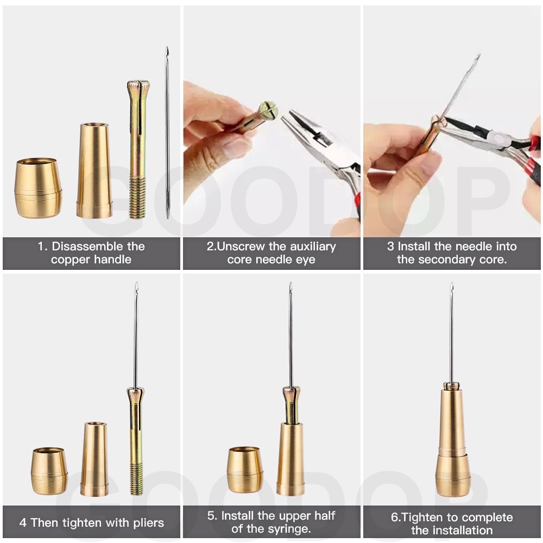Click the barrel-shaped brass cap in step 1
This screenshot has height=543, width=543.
(38, 188)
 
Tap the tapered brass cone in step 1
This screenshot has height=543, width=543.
(94, 171)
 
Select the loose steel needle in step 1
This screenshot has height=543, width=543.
(167, 132)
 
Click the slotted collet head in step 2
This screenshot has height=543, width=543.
(268, 110)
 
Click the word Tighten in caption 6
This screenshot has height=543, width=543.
(422, 517)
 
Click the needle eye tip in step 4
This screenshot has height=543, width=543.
(136, 284)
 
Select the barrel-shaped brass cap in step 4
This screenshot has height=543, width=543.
(49, 471)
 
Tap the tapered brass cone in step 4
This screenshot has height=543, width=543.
(94, 459)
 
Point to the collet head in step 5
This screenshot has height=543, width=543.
(291, 392)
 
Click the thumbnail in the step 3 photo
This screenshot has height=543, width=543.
(432, 164)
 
